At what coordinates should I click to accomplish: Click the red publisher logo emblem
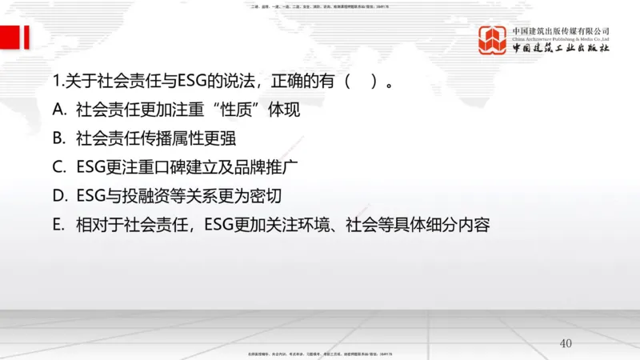click(x=494, y=39)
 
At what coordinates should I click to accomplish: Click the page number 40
click(x=566, y=343)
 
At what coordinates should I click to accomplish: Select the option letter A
click(x=58, y=109)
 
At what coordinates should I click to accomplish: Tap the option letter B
click(x=58, y=138)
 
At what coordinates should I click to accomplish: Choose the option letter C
click(x=58, y=167)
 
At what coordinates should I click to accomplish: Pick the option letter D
click(x=58, y=196)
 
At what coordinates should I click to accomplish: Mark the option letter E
click(x=58, y=225)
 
